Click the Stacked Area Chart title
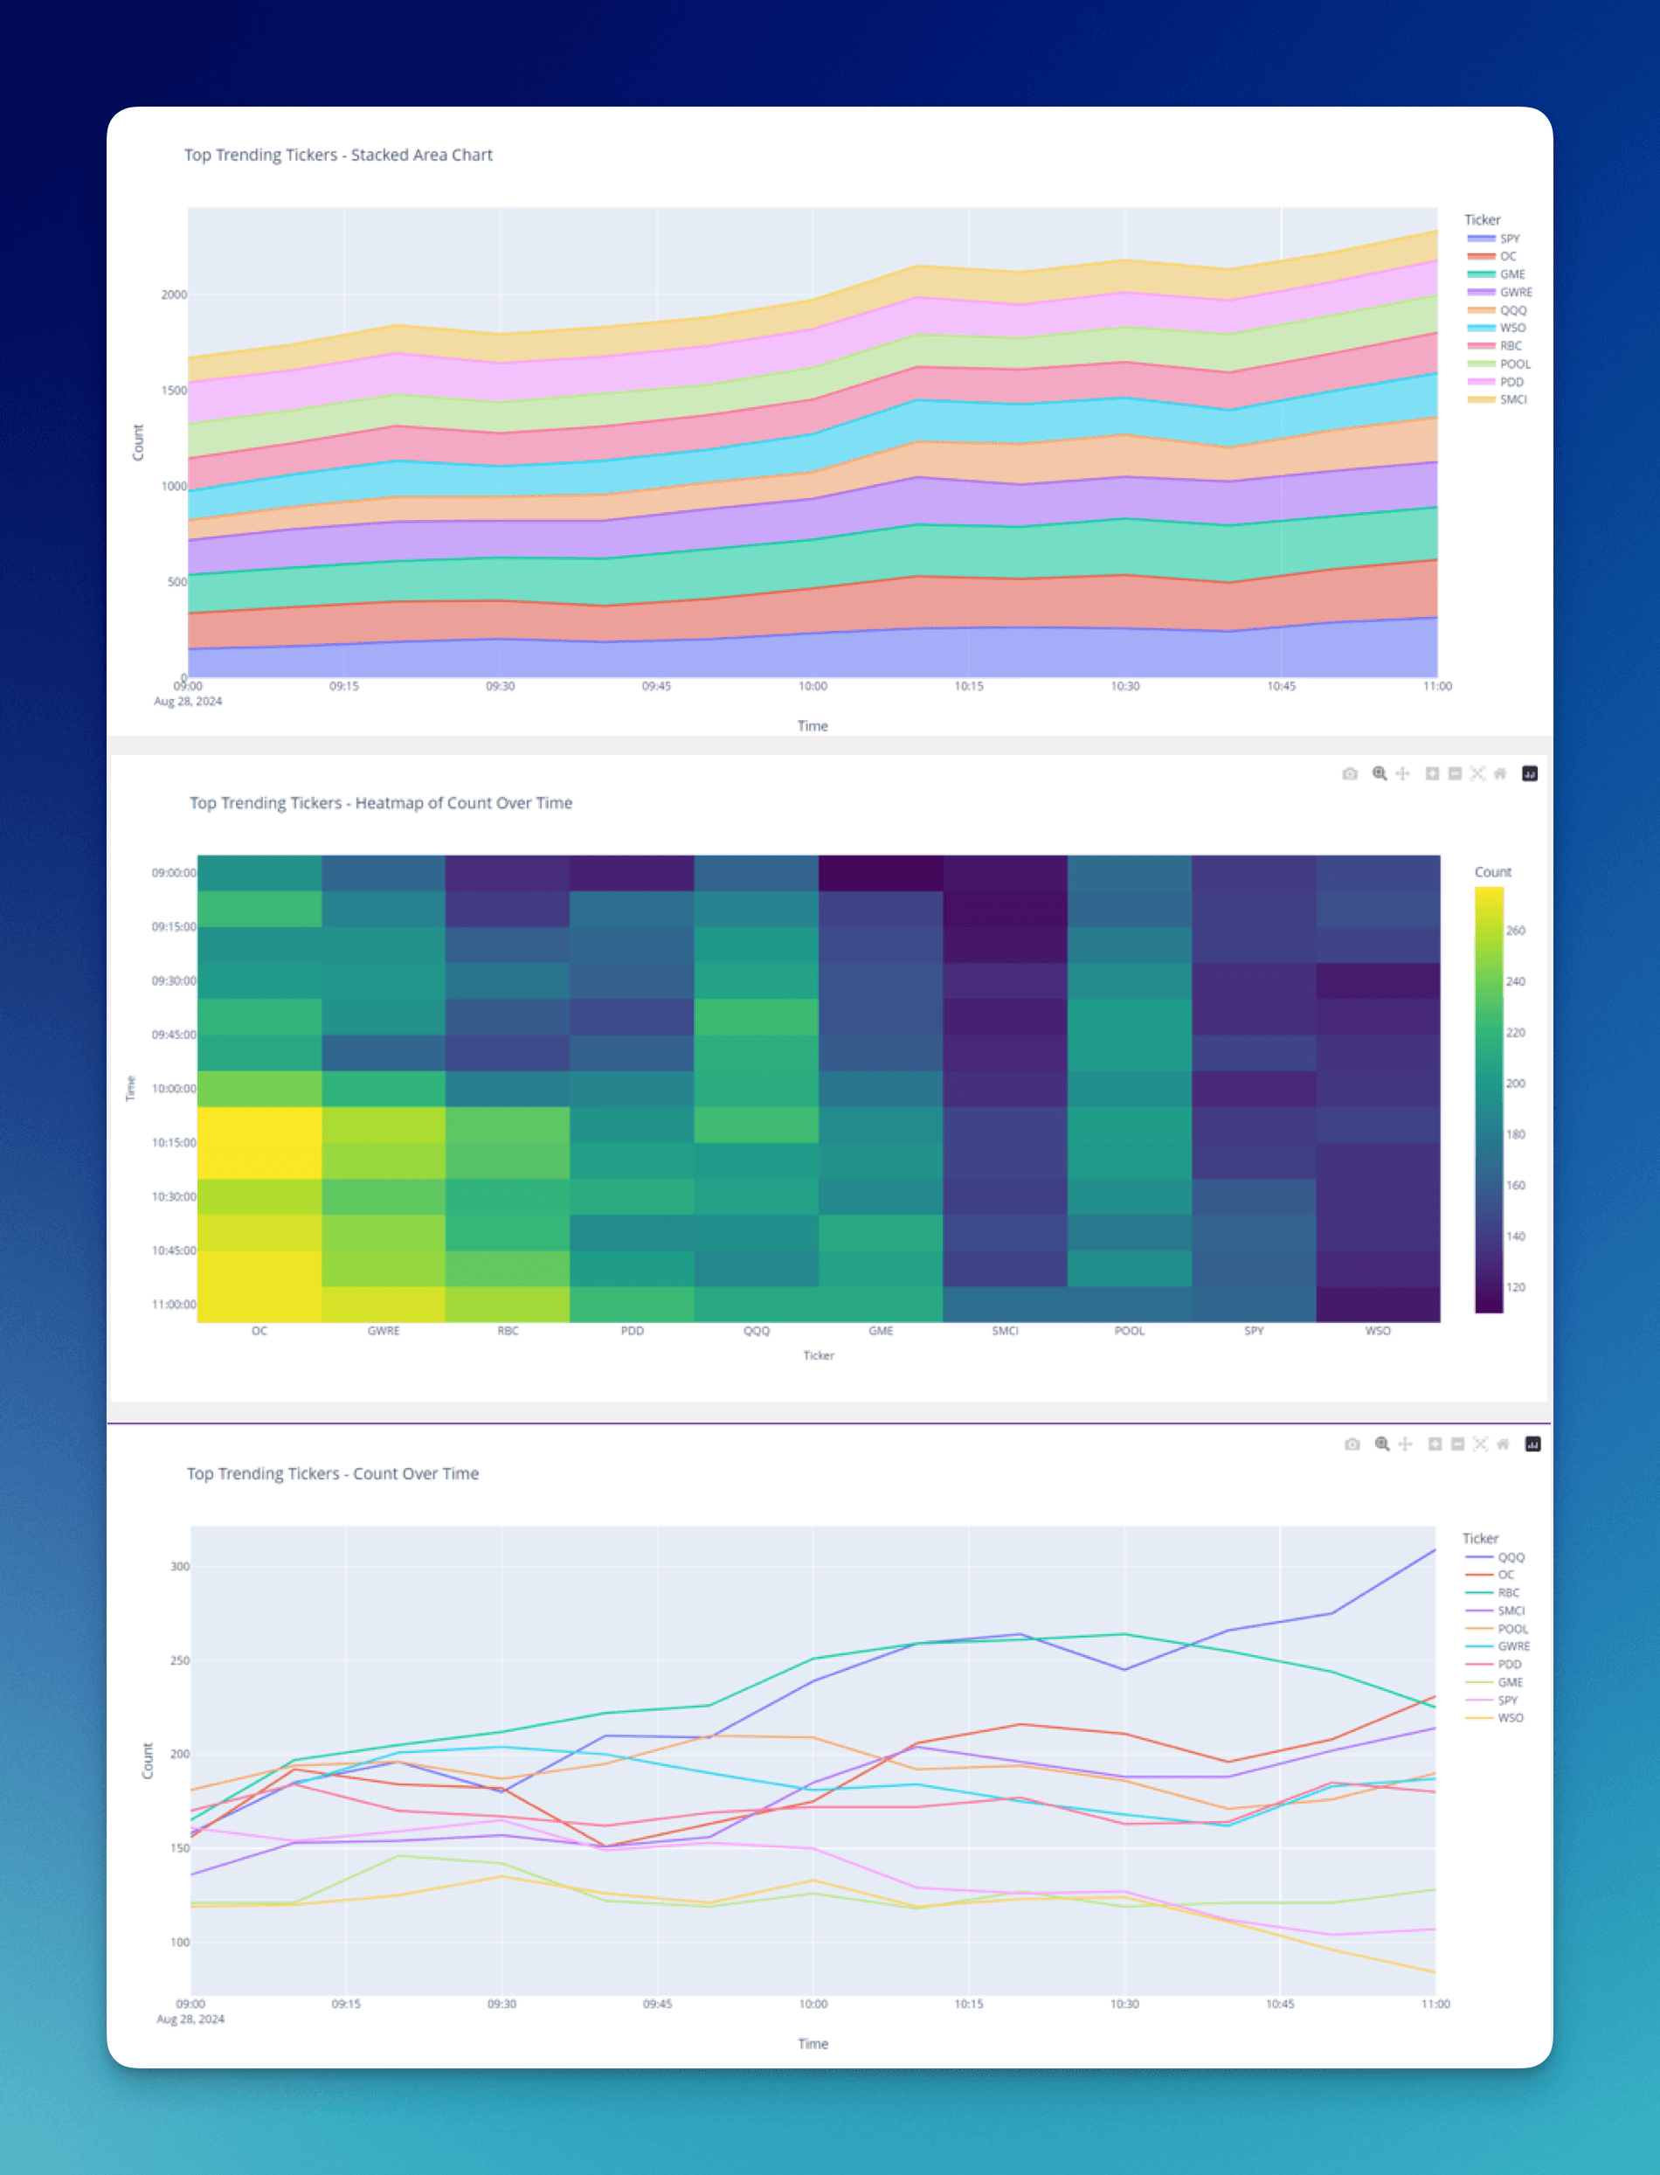click(x=338, y=156)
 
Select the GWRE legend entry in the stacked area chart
click(x=1515, y=293)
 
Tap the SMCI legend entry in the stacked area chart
click(x=1512, y=400)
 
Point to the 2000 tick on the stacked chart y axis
click(x=174, y=294)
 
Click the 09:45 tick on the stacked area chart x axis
click(x=656, y=686)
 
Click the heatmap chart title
click(x=380, y=803)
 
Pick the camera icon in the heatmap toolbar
click(x=1350, y=773)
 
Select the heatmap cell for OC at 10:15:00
click(x=259, y=1142)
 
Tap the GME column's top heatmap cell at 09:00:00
click(x=881, y=874)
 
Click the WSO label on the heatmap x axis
click(x=1378, y=1331)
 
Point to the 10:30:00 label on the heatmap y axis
click(x=174, y=1196)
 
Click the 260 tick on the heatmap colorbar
click(x=1515, y=931)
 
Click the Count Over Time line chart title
click(x=333, y=1473)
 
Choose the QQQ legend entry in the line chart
click(x=1511, y=1557)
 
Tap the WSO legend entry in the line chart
click(x=1510, y=1719)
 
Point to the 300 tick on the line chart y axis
click(x=180, y=1566)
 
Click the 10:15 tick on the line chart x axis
click(x=968, y=2004)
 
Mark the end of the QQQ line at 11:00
click(x=1435, y=1549)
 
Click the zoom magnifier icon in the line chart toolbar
click(x=1381, y=1444)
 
